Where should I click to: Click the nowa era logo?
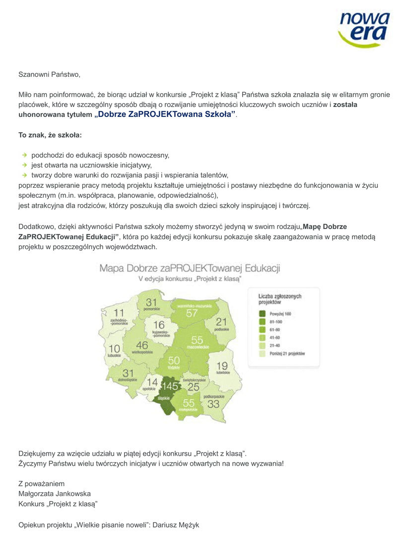(x=364, y=29)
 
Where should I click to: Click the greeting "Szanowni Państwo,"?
(x=49, y=75)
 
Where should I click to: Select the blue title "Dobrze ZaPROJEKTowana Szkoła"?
(x=165, y=114)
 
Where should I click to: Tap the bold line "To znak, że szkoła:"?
(x=50, y=135)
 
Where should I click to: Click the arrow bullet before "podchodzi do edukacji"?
(x=24, y=155)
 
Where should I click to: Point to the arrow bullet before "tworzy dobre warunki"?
(x=24, y=175)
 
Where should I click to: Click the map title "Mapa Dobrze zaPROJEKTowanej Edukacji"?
(x=190, y=268)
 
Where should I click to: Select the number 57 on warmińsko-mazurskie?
(x=192, y=313)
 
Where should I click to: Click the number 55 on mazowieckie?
(x=197, y=340)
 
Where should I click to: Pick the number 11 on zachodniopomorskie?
(x=119, y=313)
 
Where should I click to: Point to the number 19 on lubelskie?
(x=222, y=366)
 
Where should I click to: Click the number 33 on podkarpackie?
(x=213, y=404)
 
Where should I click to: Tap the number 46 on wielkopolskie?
(x=141, y=345)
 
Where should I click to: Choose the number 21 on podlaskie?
(x=221, y=322)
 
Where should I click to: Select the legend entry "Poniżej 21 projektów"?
(x=287, y=353)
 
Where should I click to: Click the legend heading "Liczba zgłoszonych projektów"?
(x=279, y=299)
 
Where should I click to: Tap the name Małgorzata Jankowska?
(x=55, y=493)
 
